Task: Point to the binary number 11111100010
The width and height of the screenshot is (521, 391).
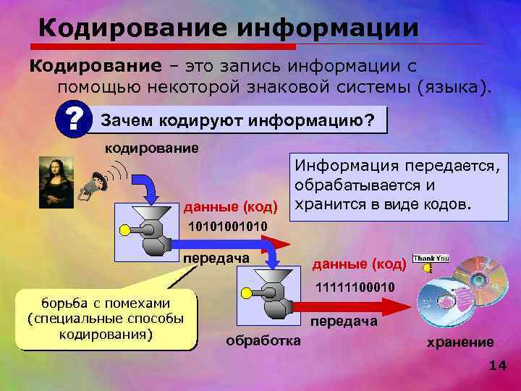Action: pos(355,288)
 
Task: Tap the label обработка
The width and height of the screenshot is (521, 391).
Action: pos(263,340)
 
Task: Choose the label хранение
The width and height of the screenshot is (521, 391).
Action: pos(460,342)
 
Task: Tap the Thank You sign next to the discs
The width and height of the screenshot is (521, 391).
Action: pos(431,258)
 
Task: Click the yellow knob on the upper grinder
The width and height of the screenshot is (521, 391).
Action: pos(125,231)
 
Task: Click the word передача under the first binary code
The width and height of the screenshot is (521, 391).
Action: pos(216,258)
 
